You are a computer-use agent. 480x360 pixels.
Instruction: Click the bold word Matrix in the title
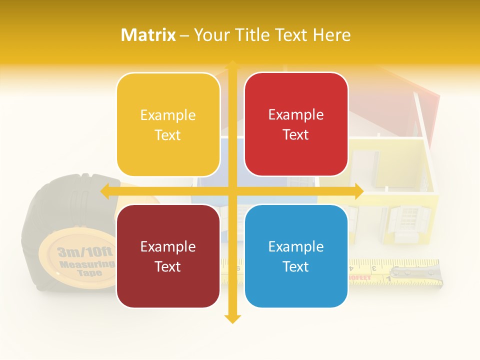(148, 35)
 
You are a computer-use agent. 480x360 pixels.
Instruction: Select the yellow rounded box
(168, 124)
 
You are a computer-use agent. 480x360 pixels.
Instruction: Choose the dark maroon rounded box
(168, 256)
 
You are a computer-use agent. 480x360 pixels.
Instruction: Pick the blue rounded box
(296, 256)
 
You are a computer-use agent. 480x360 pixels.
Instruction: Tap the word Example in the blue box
(296, 246)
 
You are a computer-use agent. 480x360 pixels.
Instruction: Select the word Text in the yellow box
(168, 135)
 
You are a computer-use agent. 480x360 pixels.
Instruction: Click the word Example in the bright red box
(296, 115)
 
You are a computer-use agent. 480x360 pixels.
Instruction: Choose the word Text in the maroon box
(168, 266)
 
